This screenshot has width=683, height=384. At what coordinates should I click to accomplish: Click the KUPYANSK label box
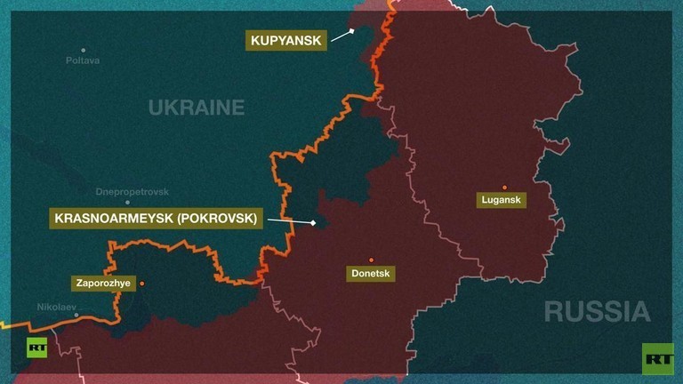(285, 39)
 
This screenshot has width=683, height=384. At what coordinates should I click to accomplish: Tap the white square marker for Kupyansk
(352, 30)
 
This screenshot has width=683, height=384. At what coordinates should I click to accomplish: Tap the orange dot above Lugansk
(504, 187)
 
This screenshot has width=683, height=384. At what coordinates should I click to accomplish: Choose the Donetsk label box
(371, 274)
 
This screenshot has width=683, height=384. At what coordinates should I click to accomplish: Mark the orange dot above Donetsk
(372, 260)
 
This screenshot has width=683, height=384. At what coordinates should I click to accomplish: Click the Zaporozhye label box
(102, 284)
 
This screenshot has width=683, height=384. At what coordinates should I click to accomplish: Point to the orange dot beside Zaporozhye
(141, 284)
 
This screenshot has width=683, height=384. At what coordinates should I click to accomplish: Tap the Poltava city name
(83, 60)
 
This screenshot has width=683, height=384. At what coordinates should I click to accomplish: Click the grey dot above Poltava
(84, 50)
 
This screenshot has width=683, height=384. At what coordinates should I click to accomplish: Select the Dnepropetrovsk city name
(132, 192)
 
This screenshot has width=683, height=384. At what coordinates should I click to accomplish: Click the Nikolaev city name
(57, 307)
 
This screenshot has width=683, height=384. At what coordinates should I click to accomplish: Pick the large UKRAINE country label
(196, 108)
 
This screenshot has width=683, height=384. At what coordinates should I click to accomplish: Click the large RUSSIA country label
(597, 311)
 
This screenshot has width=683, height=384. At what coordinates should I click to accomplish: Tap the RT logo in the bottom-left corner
(36, 348)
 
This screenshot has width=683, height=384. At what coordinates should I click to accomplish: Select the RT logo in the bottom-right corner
(658, 357)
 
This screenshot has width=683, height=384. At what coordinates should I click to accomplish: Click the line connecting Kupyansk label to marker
(340, 36)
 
